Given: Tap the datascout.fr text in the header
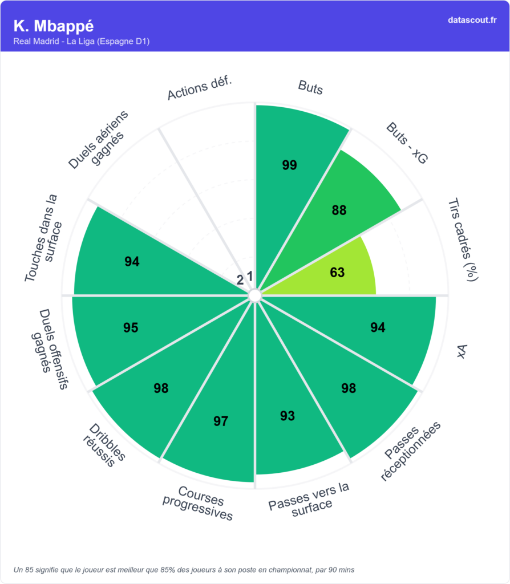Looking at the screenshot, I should point(472,20).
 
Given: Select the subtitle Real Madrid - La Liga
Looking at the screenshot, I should point(81,42).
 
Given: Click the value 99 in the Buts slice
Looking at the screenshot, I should point(290,165).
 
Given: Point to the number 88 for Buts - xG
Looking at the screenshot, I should point(339,210).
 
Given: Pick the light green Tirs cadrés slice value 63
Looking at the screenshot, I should point(337,273).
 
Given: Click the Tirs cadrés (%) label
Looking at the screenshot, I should point(463,240).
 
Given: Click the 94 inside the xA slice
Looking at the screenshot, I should point(378,327).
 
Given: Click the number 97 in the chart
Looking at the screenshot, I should point(221,421).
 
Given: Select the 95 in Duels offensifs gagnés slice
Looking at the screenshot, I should point(131,328).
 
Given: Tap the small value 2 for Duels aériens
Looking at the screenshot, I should point(240,279).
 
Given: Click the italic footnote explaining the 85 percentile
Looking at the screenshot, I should point(184,569).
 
